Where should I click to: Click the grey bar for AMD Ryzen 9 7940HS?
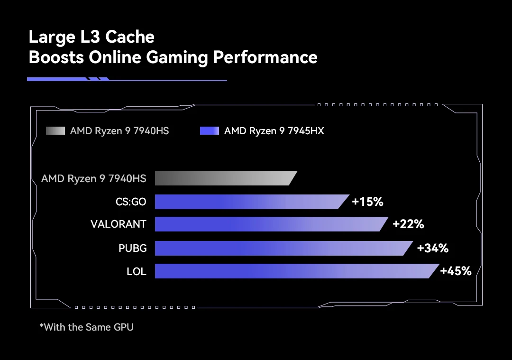pos(225,178)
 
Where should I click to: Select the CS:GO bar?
pos(251,202)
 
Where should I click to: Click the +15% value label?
pos(367,202)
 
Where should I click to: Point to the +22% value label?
pos(408,224)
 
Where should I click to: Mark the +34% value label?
pos(432,248)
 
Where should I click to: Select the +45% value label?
pos(456,271)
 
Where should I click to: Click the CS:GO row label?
pos(131,202)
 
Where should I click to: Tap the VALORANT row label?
pos(119,224)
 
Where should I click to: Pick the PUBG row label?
pos(133,248)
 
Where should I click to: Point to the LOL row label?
pos(137,271)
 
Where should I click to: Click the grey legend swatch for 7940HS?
pos(55,131)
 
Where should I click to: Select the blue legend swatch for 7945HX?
pos(210,131)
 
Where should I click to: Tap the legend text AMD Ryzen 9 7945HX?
pos(274,131)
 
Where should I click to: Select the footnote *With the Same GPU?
pos(86,327)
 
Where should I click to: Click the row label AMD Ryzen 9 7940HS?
pos(94,178)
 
